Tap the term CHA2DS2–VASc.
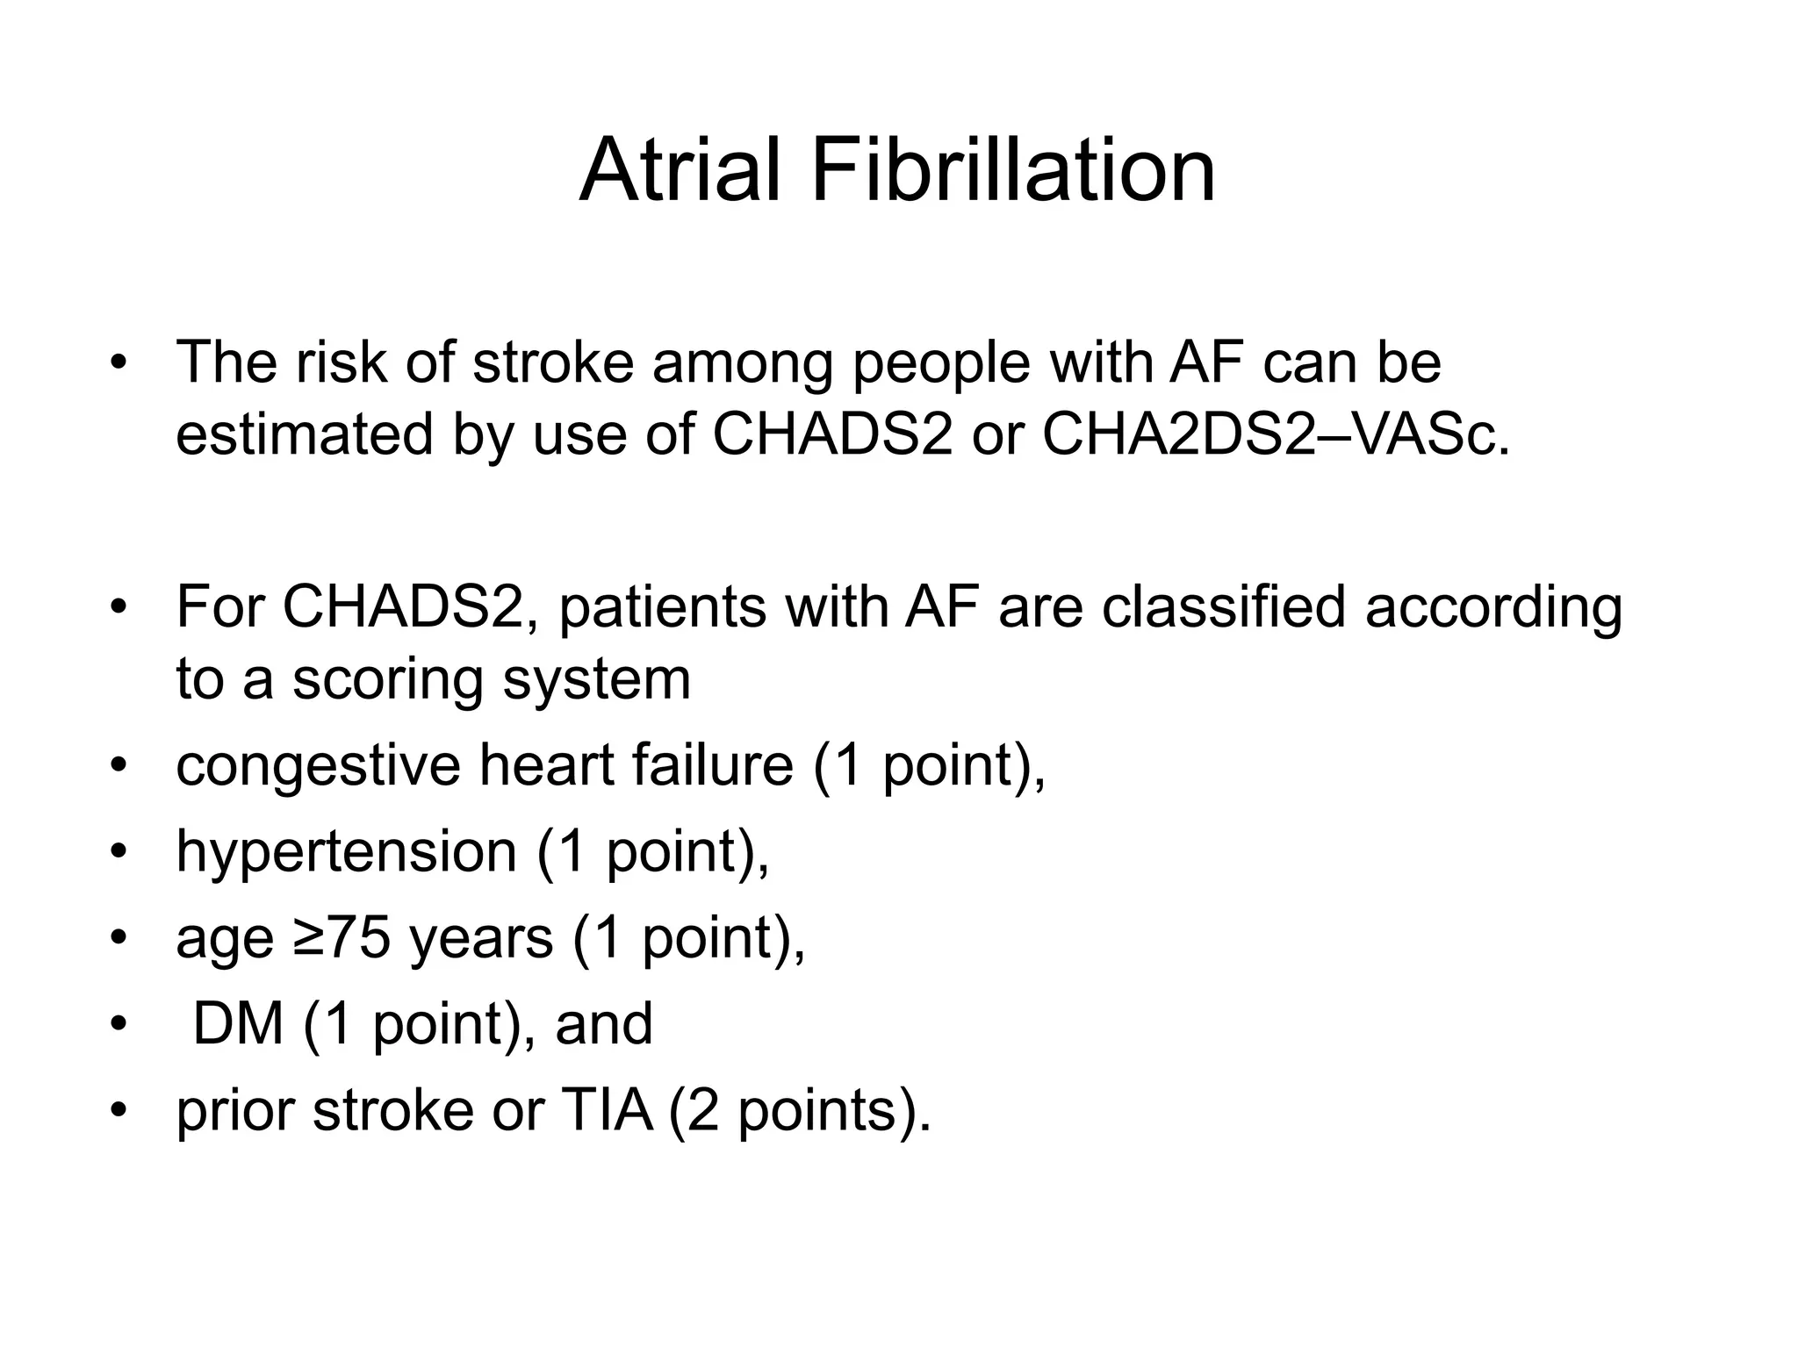tap(1275, 434)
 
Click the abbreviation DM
tap(238, 1023)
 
